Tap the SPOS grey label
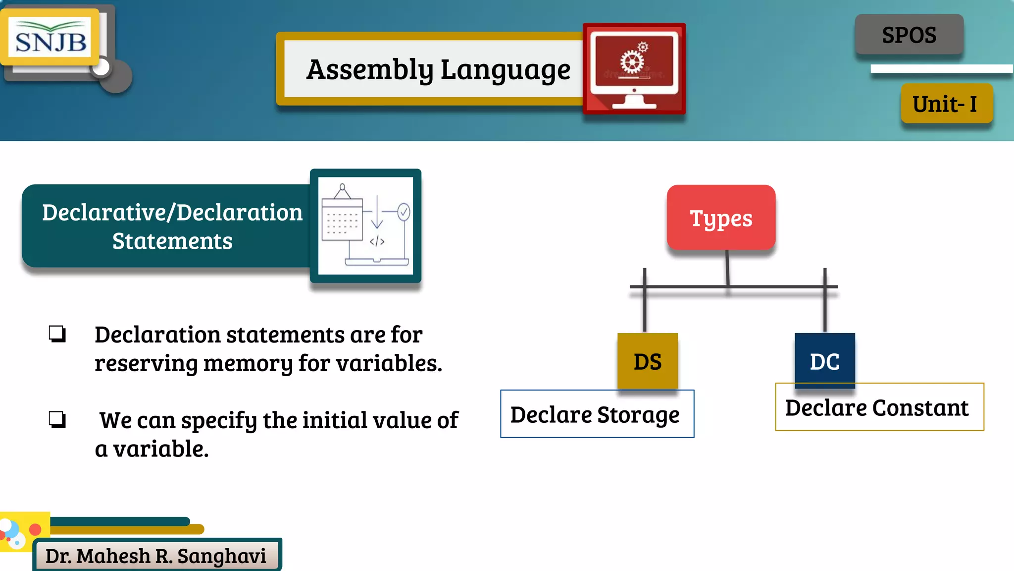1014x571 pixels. tap(909, 35)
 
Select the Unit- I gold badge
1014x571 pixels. tap(946, 104)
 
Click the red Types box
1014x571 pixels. tap(721, 218)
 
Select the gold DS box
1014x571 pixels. tap(648, 361)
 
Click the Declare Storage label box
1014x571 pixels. tap(597, 414)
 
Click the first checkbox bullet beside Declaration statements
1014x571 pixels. tap(57, 334)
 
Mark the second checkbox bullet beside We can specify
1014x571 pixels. tap(57, 419)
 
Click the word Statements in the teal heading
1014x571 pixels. tap(172, 241)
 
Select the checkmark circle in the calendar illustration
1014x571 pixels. tap(404, 212)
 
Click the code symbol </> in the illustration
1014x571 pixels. tap(377, 241)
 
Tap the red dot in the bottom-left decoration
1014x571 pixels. tap(35, 529)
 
